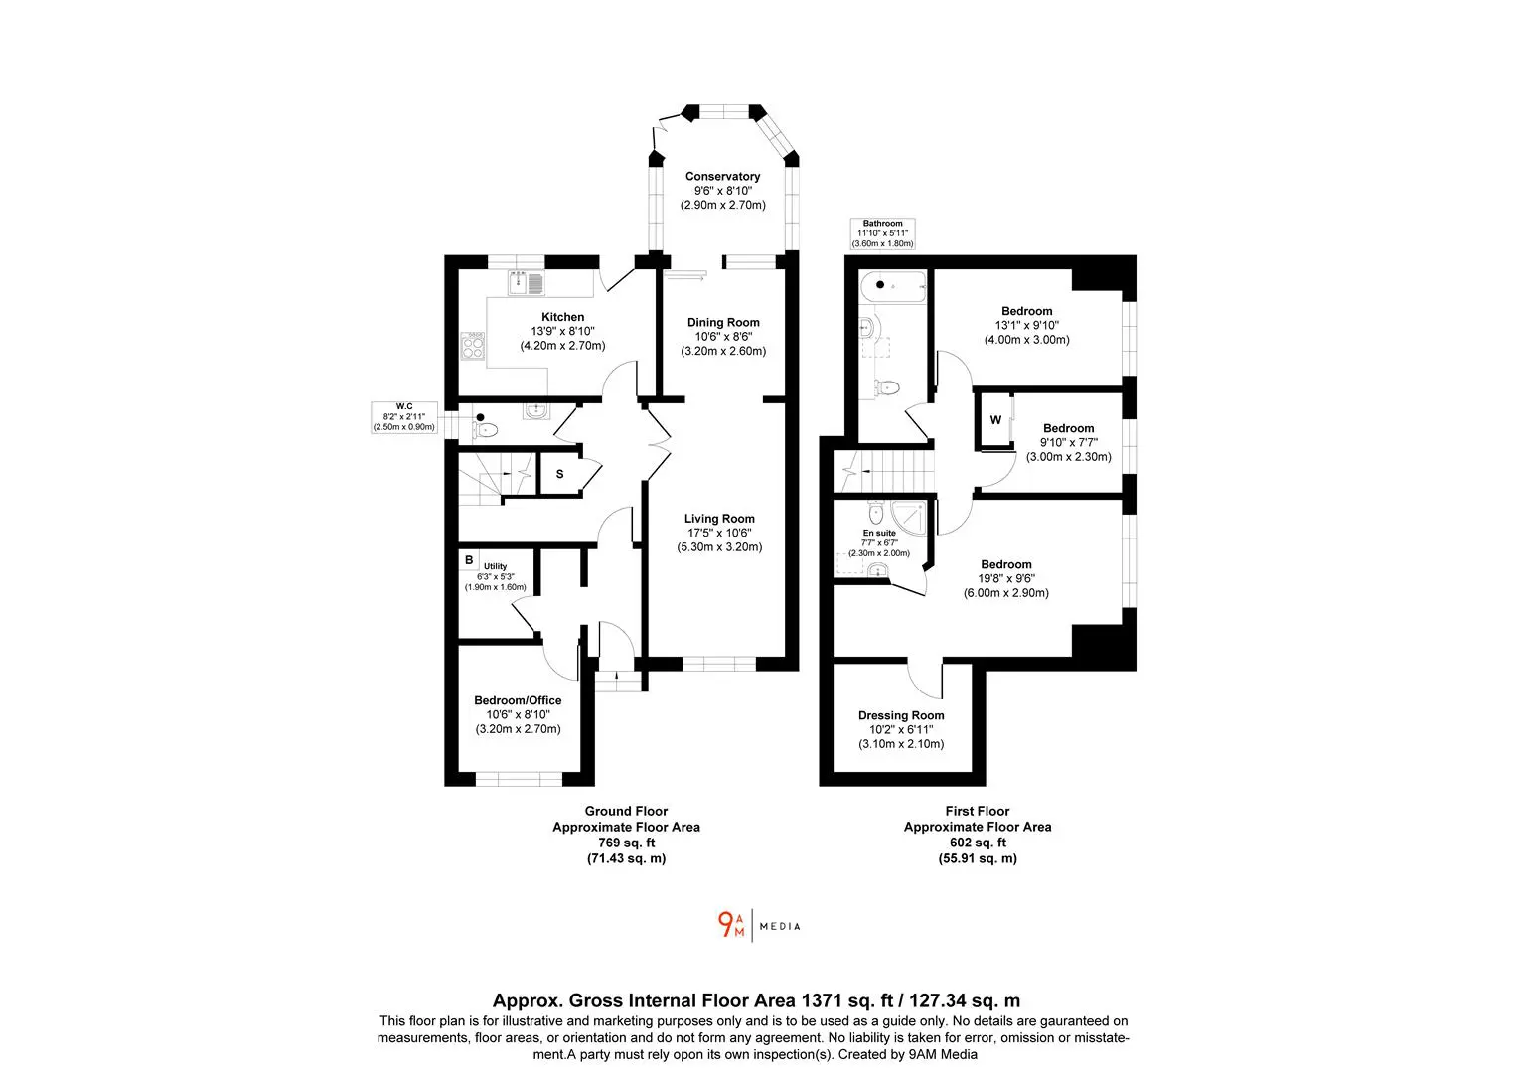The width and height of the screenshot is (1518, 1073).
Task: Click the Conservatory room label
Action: pyautogui.click(x=722, y=176)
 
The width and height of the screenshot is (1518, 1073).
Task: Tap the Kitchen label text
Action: pyautogui.click(x=562, y=317)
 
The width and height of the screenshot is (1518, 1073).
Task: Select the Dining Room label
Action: pyautogui.click(x=723, y=323)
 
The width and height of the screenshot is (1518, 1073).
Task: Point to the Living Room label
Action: pyautogui.click(x=719, y=519)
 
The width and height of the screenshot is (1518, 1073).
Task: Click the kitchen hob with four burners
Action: pyautogui.click(x=472, y=346)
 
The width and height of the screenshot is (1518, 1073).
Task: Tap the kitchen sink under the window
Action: pyautogui.click(x=527, y=282)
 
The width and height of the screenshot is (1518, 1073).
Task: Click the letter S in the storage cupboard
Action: pyautogui.click(x=559, y=474)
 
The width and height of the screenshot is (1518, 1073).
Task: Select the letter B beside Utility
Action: pyautogui.click(x=469, y=560)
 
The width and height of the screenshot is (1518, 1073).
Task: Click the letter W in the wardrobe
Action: pyautogui.click(x=995, y=420)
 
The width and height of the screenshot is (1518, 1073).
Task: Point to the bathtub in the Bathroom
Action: pyautogui.click(x=893, y=287)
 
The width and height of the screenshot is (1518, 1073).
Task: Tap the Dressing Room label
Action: pyautogui.click(x=901, y=715)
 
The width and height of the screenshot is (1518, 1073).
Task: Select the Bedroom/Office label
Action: pyautogui.click(x=518, y=700)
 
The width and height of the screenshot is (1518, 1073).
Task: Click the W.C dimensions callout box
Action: pyautogui.click(x=404, y=417)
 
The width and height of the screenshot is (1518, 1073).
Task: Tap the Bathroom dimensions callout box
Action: pyautogui.click(x=882, y=233)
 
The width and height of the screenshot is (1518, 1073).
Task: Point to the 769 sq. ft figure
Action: pyautogui.click(x=626, y=843)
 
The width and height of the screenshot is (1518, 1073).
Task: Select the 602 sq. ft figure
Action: pyautogui.click(x=978, y=843)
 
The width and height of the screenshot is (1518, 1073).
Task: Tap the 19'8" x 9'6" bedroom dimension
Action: pyautogui.click(x=1005, y=578)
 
